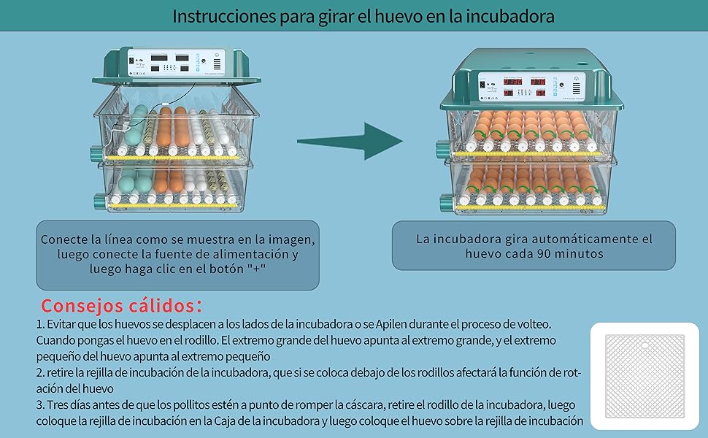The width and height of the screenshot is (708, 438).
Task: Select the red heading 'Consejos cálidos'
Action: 121,304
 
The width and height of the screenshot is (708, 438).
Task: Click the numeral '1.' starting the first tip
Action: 40,323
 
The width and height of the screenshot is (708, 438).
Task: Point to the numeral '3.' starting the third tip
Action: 40,404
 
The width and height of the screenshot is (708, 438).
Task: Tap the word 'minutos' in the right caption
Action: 581,253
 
